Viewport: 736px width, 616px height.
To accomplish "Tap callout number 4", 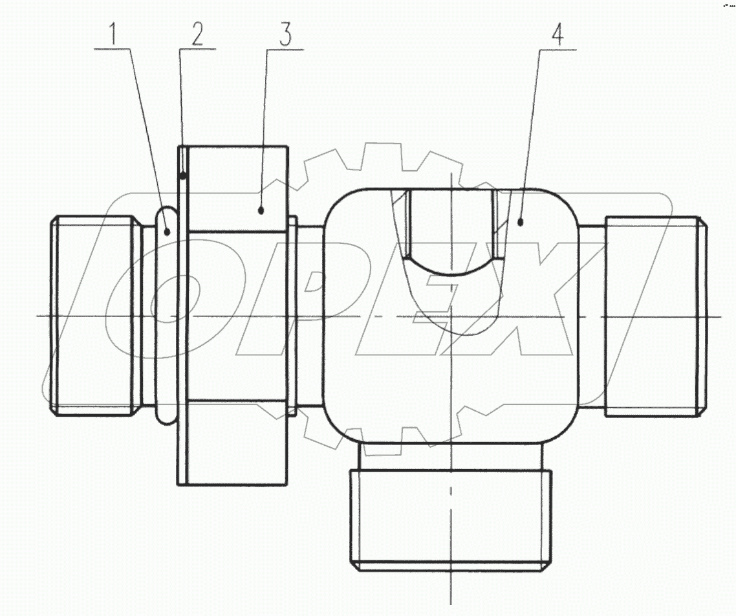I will coord(556,36).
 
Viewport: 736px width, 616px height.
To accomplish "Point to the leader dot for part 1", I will coord(167,231).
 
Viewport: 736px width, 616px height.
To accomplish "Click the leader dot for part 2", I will coord(184,175).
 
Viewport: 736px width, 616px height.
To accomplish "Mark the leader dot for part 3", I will coord(261,210).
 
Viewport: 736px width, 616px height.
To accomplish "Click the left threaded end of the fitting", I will coord(96,316).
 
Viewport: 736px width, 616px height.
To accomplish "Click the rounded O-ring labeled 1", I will coord(167,316).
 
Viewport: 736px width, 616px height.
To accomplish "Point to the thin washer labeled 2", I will coord(181,316).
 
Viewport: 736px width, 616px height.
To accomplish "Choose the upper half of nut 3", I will coord(237,188).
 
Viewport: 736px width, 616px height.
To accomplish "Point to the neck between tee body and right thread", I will coord(591,316).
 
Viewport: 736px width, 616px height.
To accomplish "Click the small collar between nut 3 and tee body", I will coord(292,316).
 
